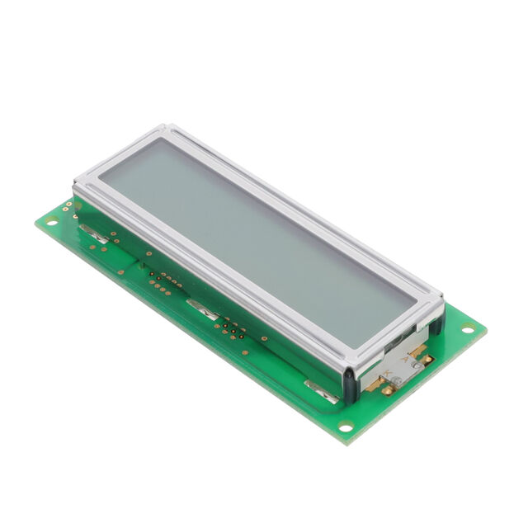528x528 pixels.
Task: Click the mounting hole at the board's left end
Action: click(x=52, y=221)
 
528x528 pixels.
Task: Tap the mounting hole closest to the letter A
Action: click(x=468, y=330)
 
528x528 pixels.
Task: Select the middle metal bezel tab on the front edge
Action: click(x=202, y=309)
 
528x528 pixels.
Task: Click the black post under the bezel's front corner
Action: click(x=351, y=384)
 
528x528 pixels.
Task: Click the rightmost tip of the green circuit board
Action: click(x=486, y=329)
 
